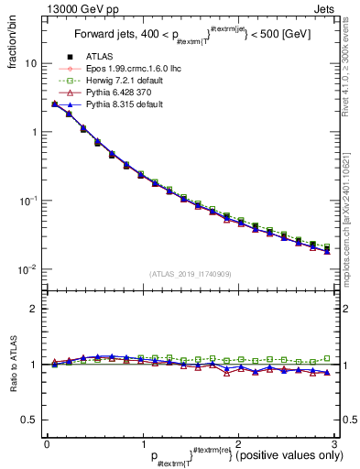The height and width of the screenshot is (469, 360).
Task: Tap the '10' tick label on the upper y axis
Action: pyautogui.click(x=31, y=64)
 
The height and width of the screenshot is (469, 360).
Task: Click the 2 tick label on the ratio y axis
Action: pyautogui.click(x=35, y=309)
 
